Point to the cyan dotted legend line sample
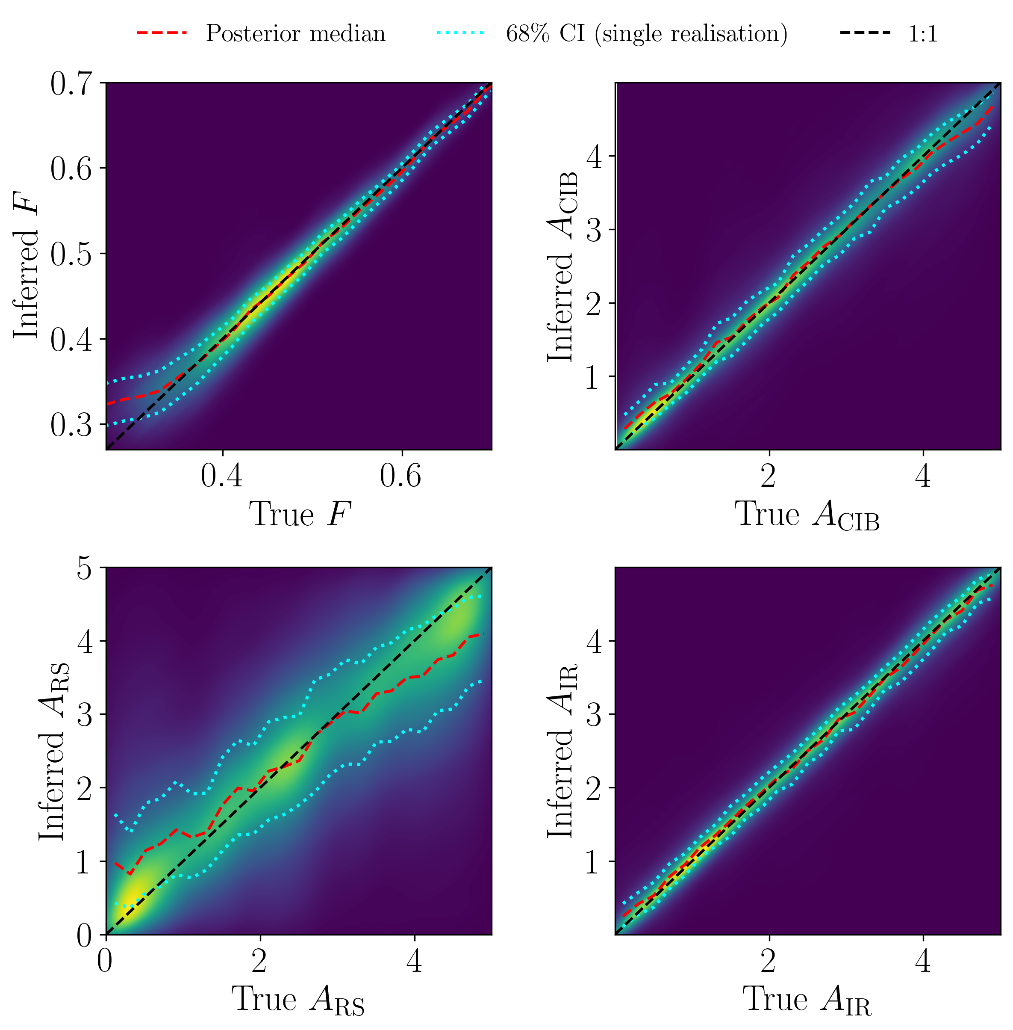[461, 33]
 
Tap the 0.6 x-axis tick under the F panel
[400, 476]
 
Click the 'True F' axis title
[300, 514]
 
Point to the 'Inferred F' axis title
[27, 266]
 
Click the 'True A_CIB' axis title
[807, 516]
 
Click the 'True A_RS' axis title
[298, 1000]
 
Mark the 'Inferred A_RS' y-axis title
[52, 751]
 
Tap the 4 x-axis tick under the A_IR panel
[923, 960]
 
